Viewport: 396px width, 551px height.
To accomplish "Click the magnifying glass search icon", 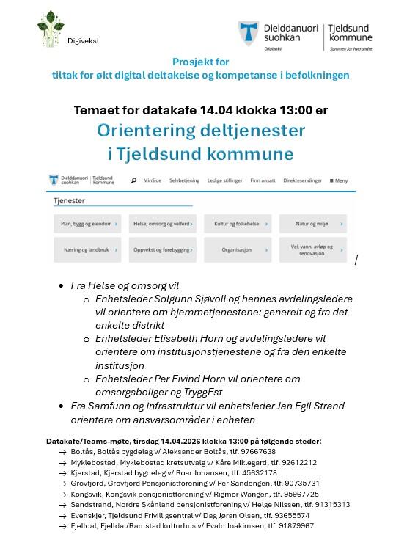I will [x=133, y=180].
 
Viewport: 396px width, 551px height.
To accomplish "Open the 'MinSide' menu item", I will [x=153, y=180].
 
